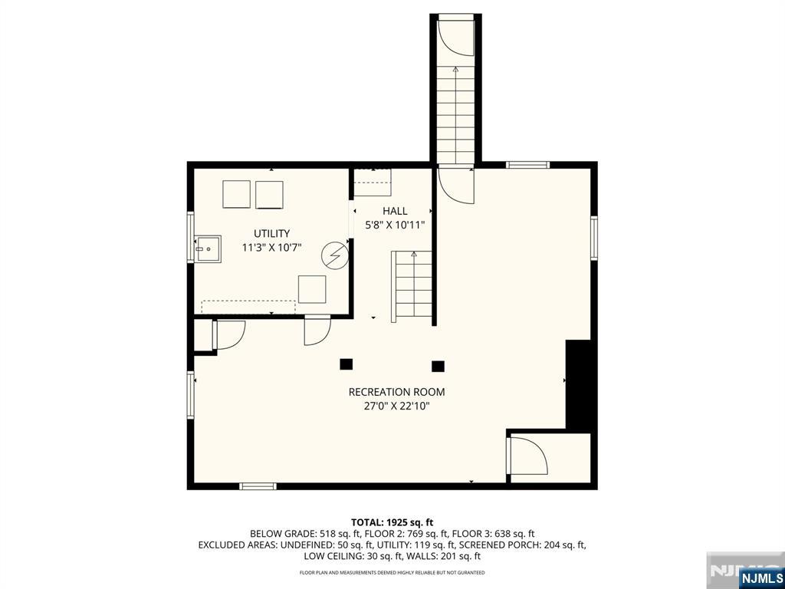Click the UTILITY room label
point(271,233)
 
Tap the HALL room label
point(395,211)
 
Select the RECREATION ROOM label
point(396,392)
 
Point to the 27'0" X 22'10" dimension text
point(396,406)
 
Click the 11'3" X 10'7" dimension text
point(271,248)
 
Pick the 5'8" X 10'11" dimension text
point(395,225)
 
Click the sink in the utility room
point(208,248)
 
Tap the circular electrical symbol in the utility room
point(335,255)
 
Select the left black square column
point(346,364)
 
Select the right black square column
point(438,366)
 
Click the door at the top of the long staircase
point(455,36)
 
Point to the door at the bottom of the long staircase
point(455,186)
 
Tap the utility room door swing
point(317,331)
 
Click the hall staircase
point(412,287)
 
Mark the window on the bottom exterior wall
point(258,485)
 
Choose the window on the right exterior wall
point(594,238)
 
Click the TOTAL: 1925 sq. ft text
point(392,523)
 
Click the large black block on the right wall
point(578,384)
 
